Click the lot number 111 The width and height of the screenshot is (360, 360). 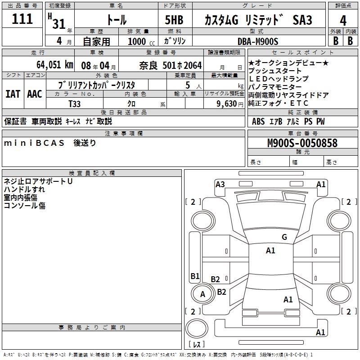pos(22,19)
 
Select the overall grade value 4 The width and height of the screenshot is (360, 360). pos(343,20)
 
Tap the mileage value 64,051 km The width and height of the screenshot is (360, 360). pos(55,65)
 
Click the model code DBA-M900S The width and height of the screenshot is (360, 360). pos(258,41)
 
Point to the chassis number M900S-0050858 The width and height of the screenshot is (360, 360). pos(302,143)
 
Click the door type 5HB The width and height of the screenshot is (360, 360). pos(174,20)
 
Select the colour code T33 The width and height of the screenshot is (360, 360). pos(75,104)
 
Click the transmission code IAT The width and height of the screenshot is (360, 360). pos(13,94)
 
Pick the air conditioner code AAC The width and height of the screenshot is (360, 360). pos(35,94)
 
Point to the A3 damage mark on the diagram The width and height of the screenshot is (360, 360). pos(220,184)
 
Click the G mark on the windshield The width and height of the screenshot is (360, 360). pos(284,237)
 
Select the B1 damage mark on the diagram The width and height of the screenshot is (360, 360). pos(195,276)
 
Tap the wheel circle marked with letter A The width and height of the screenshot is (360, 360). pos(202,294)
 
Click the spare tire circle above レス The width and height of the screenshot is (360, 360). pos(197,328)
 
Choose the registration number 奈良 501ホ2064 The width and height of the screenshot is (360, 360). pos(171,66)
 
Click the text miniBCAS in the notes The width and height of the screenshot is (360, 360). pos(34,143)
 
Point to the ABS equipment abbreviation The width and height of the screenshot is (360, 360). pos(258,121)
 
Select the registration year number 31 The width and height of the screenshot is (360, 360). pos(59,24)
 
